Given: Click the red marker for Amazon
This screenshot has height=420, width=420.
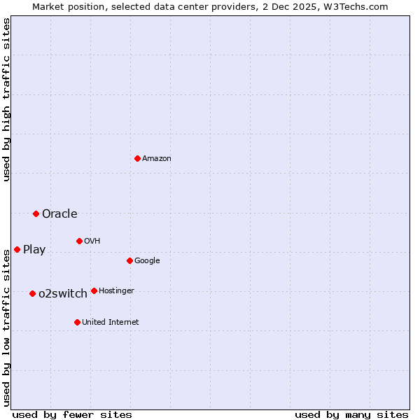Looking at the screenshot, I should tap(137, 158).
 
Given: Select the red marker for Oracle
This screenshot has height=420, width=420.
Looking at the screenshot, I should tap(36, 213).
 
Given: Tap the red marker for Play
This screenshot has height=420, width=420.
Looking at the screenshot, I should tap(17, 249).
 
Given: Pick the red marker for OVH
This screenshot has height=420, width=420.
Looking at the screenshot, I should tap(79, 241).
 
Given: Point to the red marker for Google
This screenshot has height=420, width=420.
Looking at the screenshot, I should tap(129, 260).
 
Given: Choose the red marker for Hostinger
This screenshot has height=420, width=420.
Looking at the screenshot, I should tap(94, 290).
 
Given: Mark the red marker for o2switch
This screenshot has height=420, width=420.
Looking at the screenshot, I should tap(32, 293).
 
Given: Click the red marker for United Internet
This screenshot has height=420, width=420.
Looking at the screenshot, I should tap(77, 322).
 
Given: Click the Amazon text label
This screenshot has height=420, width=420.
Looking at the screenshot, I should tap(157, 159).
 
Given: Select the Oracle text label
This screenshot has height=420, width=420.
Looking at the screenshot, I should tap(59, 214).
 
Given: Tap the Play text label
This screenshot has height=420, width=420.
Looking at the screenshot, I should tap(34, 250).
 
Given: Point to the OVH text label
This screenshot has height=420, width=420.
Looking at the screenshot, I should tap(92, 241).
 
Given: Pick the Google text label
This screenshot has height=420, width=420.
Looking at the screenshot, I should tap(147, 261).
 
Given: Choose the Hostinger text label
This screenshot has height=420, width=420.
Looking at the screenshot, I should tap(116, 291).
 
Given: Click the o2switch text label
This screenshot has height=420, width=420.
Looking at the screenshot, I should tap(63, 294).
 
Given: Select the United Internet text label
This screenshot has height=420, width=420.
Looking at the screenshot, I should tap(111, 323).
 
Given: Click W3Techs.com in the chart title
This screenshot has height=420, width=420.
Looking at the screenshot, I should tap(359, 6).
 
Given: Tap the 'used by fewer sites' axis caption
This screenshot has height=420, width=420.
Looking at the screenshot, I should tap(72, 414).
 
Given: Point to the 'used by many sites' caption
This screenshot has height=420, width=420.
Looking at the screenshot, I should tap(351, 414).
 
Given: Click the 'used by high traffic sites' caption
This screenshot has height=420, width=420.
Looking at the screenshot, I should tap(6, 100).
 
